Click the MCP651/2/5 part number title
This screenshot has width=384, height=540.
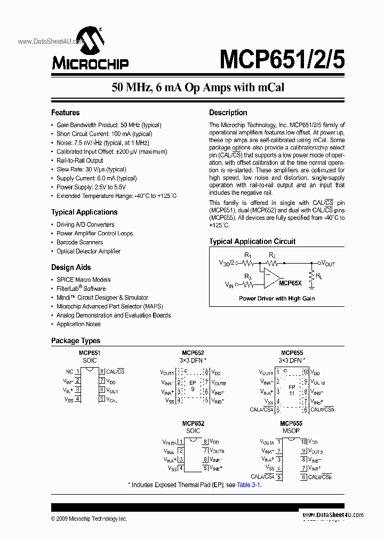pyautogui.click(x=282, y=58)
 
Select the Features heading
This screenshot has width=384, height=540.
pyautogui.click(x=65, y=113)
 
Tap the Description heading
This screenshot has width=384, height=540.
pyautogui.click(x=228, y=113)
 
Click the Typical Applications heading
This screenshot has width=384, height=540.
pyautogui.click(x=84, y=212)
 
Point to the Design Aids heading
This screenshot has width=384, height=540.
pyautogui.click(x=71, y=267)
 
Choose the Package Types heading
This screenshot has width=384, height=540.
pyautogui.click(x=75, y=340)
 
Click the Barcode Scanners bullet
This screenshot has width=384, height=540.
pyautogui.click(x=79, y=242)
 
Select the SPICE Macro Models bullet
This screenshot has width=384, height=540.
pyautogui.click(x=84, y=280)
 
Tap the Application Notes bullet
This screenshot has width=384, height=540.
pyautogui.click(x=78, y=324)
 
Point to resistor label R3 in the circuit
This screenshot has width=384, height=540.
pyautogui.click(x=247, y=276)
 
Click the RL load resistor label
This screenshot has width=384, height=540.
pyautogui.click(x=319, y=276)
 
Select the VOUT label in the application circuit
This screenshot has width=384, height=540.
pyautogui.click(x=327, y=263)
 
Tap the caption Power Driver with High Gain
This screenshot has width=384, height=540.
pyautogui.click(x=277, y=299)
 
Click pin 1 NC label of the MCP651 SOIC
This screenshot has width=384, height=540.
pyautogui.click(x=69, y=371)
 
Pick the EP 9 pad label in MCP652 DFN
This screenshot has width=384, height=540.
pyautogui.click(x=193, y=386)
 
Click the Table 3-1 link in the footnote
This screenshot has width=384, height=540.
pyautogui.click(x=249, y=485)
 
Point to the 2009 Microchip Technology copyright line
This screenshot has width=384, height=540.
pyautogui.click(x=89, y=519)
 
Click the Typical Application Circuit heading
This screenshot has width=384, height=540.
pyautogui.click(x=252, y=241)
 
